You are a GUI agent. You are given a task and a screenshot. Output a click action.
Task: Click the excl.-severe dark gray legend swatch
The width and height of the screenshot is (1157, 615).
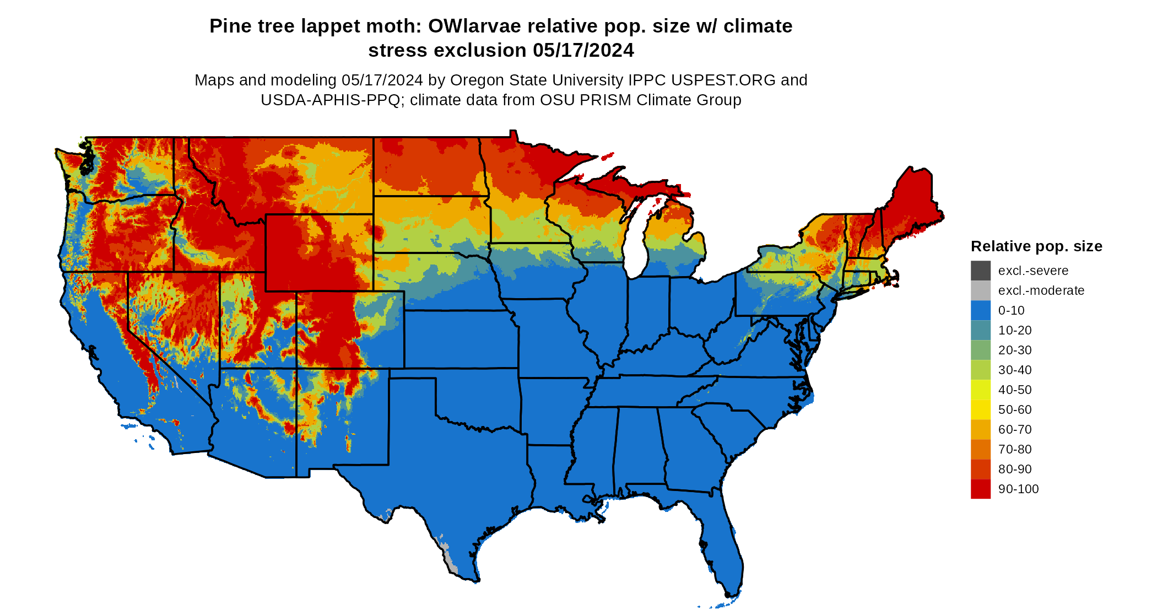980,271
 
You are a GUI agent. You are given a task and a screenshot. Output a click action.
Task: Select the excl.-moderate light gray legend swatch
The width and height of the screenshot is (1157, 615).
980,290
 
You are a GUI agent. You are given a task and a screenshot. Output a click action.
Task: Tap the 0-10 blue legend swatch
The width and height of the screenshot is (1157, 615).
980,310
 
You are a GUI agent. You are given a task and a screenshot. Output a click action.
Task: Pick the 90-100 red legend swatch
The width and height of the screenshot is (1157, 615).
980,489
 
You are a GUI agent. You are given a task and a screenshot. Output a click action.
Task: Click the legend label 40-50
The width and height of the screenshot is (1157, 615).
1014,390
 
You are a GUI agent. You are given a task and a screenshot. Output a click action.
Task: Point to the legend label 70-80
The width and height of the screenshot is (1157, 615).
1014,449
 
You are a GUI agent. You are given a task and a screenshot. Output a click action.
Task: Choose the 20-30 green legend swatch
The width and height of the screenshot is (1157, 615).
980,350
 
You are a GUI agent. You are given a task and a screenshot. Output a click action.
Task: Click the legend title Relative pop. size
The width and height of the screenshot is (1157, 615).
1036,246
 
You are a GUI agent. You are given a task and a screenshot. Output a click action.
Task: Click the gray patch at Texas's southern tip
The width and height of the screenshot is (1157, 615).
451,562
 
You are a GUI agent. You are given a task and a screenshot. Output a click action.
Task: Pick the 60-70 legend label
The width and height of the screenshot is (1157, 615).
1014,429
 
